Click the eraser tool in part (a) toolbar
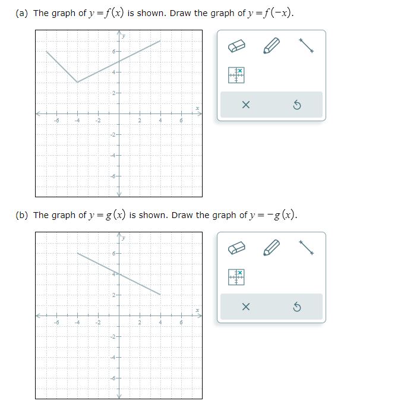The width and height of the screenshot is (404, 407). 236,46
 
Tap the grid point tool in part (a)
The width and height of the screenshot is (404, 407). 236,74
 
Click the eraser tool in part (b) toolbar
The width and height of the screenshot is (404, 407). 236,248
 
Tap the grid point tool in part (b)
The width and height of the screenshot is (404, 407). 236,276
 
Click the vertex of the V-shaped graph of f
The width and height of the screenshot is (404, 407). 77,82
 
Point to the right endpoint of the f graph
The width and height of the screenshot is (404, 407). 160,41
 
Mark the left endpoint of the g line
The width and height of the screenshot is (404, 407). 77,253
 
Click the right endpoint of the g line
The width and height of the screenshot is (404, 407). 160,294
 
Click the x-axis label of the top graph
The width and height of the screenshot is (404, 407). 198,108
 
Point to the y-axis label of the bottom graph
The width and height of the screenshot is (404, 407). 124,238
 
